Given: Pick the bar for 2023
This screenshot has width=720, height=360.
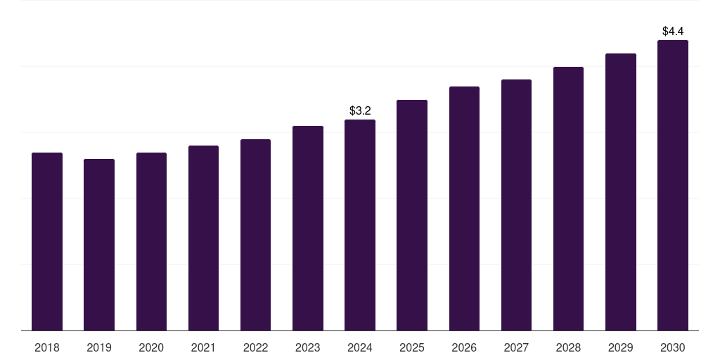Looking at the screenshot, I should click(x=308, y=228).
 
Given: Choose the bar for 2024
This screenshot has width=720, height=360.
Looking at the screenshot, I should click(x=360, y=225).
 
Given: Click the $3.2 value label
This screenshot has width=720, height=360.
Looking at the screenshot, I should click(x=360, y=110).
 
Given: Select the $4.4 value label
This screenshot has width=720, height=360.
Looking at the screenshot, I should click(x=673, y=31).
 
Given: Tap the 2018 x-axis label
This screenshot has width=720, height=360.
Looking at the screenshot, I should click(x=47, y=347).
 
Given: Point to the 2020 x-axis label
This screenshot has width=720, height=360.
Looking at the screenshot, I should click(x=151, y=347).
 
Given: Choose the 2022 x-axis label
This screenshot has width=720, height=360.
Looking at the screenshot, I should click(x=255, y=347).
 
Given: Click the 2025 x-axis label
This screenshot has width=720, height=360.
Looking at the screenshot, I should click(x=412, y=347).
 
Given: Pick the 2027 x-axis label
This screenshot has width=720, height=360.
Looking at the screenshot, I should click(x=516, y=347).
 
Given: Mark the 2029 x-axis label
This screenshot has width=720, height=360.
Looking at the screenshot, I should click(x=621, y=347).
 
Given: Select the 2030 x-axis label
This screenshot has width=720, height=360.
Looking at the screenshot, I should click(x=673, y=347).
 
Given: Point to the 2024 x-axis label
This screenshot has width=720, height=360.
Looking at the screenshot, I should click(x=360, y=347).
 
